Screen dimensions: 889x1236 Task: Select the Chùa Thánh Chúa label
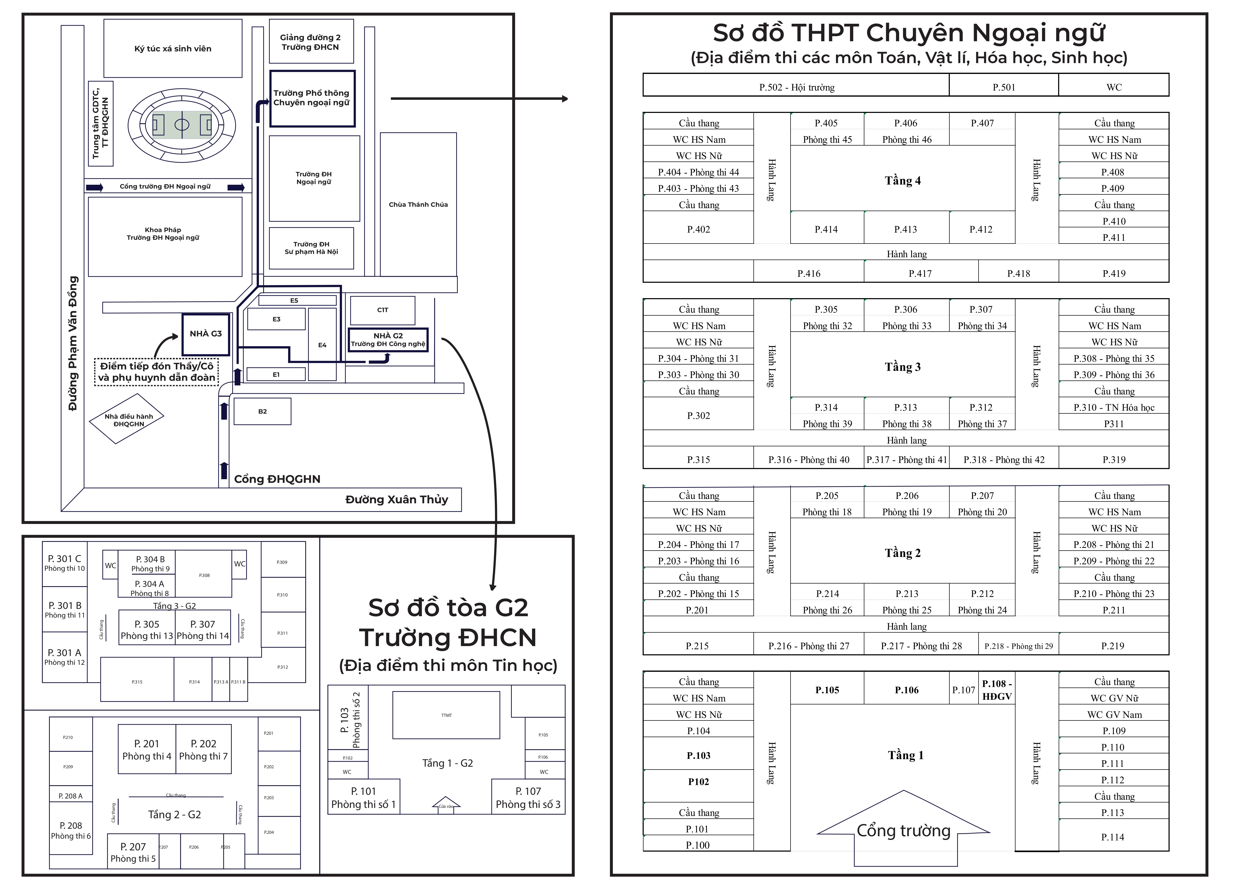tap(418, 204)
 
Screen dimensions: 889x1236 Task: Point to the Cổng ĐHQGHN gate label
tap(277, 479)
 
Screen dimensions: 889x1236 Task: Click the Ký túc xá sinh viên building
tap(173, 49)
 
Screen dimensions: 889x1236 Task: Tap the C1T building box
tap(383, 310)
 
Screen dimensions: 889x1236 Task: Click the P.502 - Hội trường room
tap(796, 87)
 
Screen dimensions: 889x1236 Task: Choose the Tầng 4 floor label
tap(902, 180)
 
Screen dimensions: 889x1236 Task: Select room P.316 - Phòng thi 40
tap(809, 459)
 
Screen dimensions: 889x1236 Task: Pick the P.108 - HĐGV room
tap(997, 689)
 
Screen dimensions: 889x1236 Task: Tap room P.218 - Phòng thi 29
tap(1018, 646)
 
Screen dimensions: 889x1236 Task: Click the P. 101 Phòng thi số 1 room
tap(363, 797)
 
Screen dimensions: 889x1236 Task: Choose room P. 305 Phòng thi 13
tap(147, 629)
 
